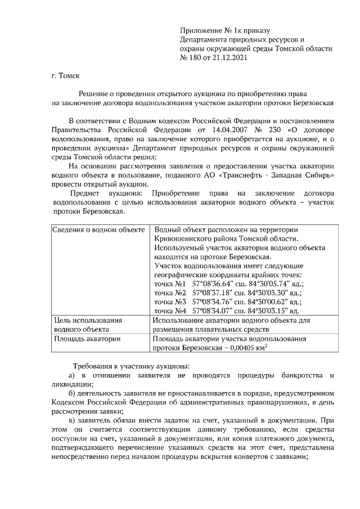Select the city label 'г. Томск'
pos(65,74)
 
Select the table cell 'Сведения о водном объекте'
pos(98,230)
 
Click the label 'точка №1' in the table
pos(169,284)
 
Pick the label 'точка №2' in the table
pos(170,292)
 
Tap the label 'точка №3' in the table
pos(170,301)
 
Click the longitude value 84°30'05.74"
pos(269,284)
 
